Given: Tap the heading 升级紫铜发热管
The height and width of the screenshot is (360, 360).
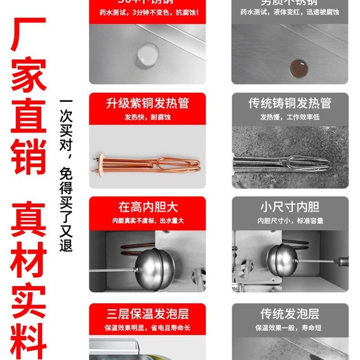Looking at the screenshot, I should coord(147,103).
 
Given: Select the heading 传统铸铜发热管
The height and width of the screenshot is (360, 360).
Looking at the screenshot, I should coord(290,103).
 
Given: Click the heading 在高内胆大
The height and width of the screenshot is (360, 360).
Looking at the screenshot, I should coord(148,207).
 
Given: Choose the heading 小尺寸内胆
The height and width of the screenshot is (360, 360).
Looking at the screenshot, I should coord(290,207).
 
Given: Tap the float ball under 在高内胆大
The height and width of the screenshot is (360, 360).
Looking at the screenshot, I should coord(155,270).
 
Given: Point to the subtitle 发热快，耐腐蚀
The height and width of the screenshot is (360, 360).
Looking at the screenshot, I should coord(147,117).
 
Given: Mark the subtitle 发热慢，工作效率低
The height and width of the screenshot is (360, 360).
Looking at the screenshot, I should coord(290,117).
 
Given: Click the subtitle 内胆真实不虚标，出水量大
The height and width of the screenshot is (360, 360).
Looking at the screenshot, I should coord(148,221).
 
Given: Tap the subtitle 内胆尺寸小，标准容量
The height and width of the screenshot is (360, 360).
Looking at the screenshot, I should coord(290,221).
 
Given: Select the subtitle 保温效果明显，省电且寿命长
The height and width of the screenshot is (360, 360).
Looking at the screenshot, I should coord(147,328).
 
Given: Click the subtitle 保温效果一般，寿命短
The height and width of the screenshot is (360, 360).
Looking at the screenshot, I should coord(290,328).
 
